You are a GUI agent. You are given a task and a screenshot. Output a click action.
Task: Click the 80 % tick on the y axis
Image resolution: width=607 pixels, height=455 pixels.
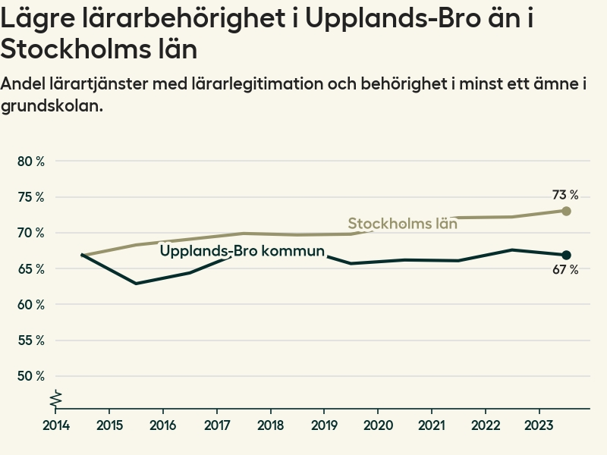[x=31, y=162]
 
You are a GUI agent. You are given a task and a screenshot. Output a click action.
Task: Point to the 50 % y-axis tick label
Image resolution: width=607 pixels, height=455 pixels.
[x=31, y=376]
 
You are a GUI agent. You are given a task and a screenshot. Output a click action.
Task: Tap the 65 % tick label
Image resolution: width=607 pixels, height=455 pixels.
[x=31, y=268]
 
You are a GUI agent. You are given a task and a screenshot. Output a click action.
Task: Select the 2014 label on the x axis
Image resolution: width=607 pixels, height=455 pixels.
[x=56, y=424]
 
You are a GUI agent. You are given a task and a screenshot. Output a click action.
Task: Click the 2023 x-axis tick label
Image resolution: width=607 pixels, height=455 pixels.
[x=539, y=424]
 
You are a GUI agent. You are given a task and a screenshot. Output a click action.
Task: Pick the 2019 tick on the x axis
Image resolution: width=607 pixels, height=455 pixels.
[x=325, y=424]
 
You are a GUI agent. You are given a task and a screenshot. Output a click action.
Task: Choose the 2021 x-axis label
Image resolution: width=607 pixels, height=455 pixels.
[x=432, y=424]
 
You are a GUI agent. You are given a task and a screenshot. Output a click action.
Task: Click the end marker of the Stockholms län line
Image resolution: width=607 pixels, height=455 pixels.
[x=566, y=211]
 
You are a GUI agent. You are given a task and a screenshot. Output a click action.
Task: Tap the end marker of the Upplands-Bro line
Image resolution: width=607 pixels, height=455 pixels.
[x=566, y=255]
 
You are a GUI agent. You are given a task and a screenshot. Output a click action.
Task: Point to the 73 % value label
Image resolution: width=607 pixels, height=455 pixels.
[x=565, y=195]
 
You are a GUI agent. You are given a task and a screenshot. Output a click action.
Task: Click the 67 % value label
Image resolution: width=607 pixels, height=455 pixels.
[x=565, y=270]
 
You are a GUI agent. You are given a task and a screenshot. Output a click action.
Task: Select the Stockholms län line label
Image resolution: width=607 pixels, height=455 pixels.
[x=402, y=224]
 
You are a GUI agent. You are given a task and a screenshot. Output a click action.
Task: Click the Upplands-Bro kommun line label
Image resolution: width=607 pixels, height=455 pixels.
[x=242, y=251]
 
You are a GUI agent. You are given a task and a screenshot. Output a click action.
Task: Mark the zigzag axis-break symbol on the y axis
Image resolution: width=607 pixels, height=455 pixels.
[x=56, y=398]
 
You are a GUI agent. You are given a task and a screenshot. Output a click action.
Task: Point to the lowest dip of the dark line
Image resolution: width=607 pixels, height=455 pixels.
[x=137, y=284]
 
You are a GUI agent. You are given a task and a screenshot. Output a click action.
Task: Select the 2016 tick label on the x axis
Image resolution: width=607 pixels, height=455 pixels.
[x=163, y=424]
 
